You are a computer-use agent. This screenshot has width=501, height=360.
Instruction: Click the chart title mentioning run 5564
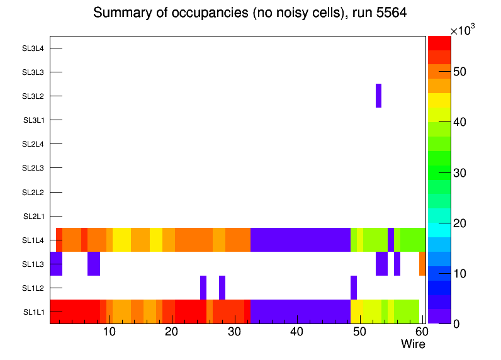[250, 13]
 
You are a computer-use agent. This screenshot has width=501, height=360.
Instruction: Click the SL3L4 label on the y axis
[33, 48]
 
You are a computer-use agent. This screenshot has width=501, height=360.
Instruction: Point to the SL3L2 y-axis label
[33, 96]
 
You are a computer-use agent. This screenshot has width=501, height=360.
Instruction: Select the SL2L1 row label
[33, 216]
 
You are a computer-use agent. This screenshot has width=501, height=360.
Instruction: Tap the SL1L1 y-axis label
[33, 312]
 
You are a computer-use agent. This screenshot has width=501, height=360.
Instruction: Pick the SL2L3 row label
[33, 168]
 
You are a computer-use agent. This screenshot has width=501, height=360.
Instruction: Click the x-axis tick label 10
[109, 332]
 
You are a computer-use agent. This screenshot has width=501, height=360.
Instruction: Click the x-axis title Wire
[413, 344]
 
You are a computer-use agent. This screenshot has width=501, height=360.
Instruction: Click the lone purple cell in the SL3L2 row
[378, 96]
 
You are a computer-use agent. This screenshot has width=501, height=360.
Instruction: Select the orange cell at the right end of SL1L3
[422, 264]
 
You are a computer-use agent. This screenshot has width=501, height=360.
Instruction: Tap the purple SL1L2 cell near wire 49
[354, 288]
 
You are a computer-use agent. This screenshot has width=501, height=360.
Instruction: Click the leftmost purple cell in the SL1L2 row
[203, 288]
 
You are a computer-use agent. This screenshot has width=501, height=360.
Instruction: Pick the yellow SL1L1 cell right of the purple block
[356, 312]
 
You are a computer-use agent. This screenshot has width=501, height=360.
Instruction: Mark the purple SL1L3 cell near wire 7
[94, 264]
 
